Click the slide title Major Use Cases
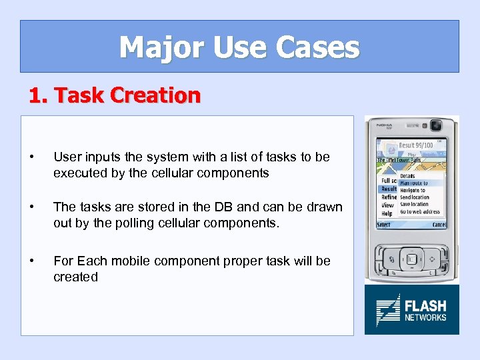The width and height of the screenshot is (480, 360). (239, 47)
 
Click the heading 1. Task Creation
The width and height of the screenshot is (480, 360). (114, 95)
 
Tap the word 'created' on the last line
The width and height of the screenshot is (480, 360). (75, 277)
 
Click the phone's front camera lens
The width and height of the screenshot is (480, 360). (437, 125)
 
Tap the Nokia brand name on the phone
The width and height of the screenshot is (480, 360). (385, 125)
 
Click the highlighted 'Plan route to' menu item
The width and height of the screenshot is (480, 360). (414, 183)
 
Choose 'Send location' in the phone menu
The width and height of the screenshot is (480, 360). (415, 197)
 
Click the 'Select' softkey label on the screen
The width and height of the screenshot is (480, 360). (384, 225)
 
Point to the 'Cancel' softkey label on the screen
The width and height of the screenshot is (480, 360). (438, 225)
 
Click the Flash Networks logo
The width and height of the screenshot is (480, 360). (411, 310)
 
